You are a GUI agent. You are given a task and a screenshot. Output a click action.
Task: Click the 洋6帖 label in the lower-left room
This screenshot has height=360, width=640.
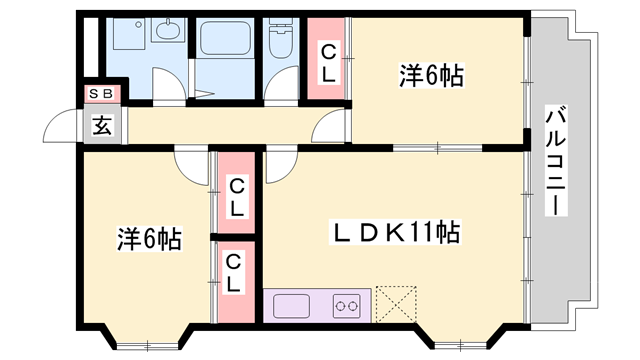[149, 239]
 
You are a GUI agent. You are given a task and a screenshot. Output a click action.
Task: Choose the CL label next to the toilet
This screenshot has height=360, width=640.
[328, 62]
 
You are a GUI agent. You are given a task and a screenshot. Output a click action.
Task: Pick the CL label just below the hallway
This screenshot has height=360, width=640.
[236, 197]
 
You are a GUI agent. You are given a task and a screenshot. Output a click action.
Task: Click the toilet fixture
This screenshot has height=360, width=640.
[280, 41]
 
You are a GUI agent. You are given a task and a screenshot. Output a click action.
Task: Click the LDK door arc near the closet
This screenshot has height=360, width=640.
[281, 160]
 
